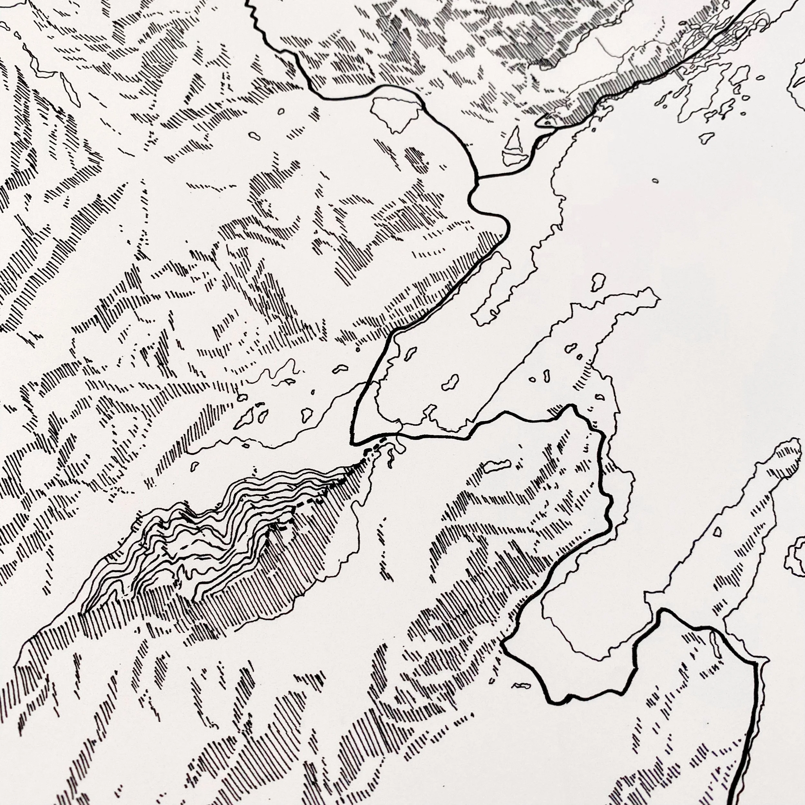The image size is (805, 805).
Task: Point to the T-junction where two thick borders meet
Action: point(478,178)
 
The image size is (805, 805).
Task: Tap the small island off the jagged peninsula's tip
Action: point(598,282)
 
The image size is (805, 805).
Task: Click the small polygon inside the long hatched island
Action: point(717,531)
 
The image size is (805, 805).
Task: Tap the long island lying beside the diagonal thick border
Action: point(492,288)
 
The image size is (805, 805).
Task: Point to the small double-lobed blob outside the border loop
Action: point(522,686)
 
